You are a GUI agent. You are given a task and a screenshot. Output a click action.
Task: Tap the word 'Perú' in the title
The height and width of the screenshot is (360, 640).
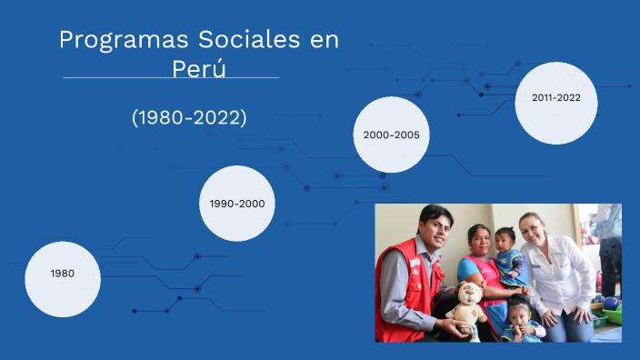198,68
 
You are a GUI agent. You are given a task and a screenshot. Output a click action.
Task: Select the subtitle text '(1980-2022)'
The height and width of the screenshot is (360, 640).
189,117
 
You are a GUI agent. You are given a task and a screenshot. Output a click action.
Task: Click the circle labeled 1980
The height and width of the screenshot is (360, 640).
63,273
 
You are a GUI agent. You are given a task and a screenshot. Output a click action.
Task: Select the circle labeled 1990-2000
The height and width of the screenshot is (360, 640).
237,204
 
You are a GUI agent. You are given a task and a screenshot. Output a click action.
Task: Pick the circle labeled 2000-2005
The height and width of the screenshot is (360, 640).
391,135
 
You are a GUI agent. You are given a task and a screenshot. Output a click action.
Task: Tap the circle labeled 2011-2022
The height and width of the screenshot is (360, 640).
556,97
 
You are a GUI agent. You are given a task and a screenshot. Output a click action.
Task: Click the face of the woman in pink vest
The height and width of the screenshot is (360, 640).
479,242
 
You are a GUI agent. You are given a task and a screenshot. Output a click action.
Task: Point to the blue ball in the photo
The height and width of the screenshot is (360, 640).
611,303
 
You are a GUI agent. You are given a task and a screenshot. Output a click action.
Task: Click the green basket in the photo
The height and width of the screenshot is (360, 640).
612,315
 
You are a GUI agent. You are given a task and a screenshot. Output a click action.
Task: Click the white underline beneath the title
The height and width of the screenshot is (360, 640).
171,78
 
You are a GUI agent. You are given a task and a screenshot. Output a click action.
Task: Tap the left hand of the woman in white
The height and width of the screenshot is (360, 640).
576,315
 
